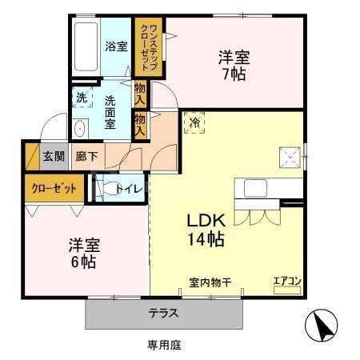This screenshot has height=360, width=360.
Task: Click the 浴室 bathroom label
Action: (x=116, y=46)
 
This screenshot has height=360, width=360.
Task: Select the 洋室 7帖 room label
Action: (x=234, y=66)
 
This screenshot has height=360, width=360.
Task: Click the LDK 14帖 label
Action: (x=206, y=229)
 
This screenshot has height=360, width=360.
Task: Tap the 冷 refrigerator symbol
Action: (x=194, y=122)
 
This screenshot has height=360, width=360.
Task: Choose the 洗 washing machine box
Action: (x=81, y=98)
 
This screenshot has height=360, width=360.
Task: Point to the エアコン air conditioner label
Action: (x=285, y=280)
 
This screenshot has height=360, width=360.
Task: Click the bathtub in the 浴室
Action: (x=86, y=46)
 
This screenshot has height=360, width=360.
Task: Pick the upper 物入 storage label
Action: (x=141, y=94)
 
